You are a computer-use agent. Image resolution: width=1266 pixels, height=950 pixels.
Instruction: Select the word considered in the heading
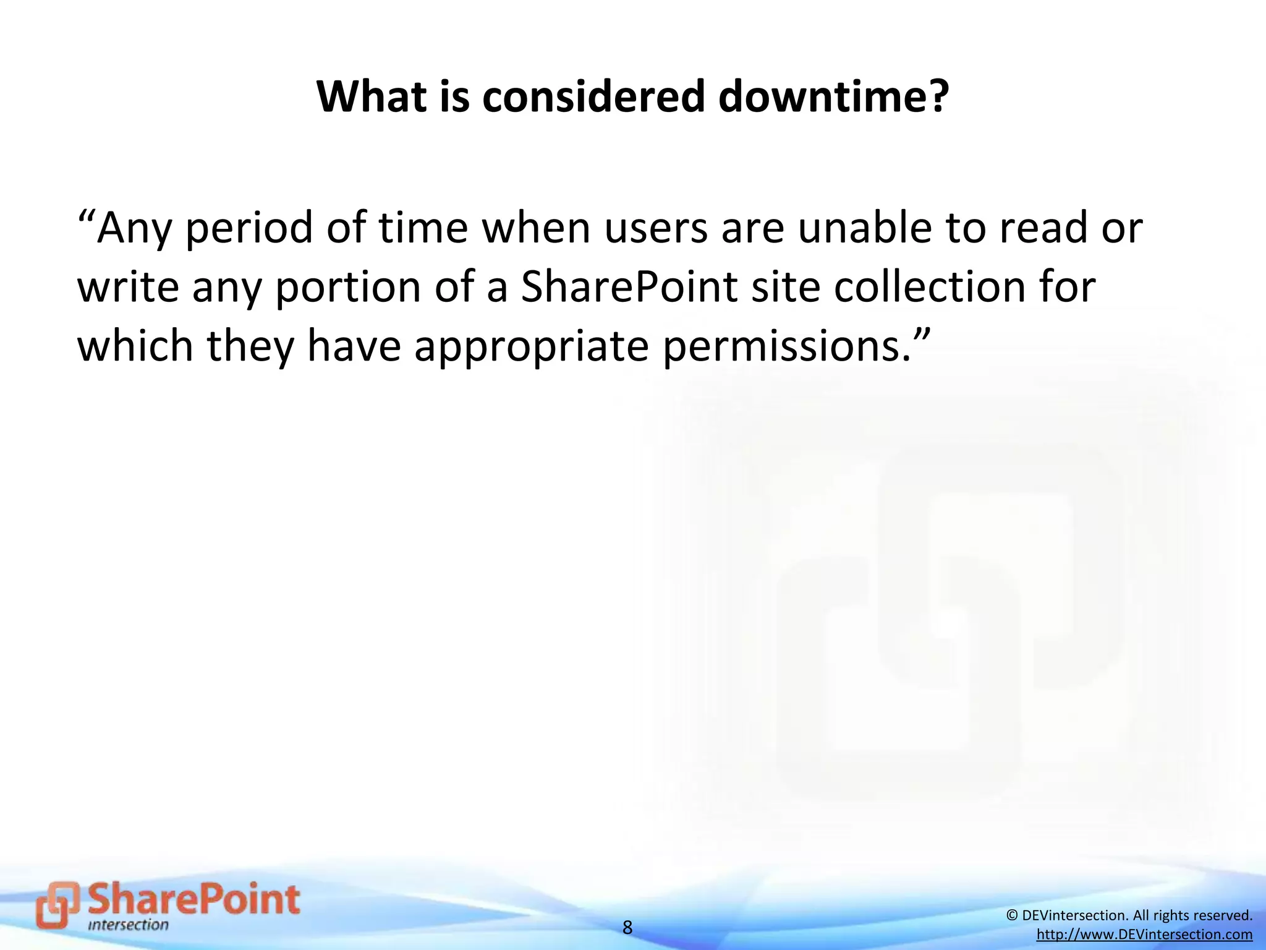pos(593,97)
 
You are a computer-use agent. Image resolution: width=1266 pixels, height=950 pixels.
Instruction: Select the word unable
pos(862,228)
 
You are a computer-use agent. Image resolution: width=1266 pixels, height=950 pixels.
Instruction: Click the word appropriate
pos(532,346)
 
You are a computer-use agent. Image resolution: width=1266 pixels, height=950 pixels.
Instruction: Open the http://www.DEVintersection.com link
pos(1144,935)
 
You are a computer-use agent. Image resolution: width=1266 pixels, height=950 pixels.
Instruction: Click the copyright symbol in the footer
pos(1012,915)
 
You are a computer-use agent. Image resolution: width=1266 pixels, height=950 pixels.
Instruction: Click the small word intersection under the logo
pos(128,925)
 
